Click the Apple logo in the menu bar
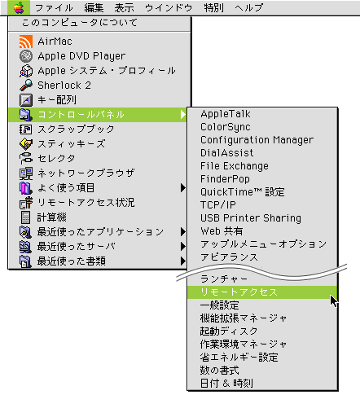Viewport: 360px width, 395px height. click(x=19, y=7)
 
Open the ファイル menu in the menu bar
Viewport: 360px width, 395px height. click(x=54, y=7)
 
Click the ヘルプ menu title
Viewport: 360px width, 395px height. click(x=248, y=7)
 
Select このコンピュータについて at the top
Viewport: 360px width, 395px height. click(x=80, y=23)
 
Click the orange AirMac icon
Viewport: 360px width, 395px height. click(x=26, y=42)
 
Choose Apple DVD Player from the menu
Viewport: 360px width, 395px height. click(x=81, y=56)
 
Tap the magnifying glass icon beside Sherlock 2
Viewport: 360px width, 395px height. click(x=26, y=86)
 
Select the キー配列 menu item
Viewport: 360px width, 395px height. click(x=57, y=100)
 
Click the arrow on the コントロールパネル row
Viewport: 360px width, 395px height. click(x=183, y=115)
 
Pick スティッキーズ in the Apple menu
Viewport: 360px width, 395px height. click(x=72, y=143)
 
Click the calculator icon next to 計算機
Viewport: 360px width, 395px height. click(x=26, y=217)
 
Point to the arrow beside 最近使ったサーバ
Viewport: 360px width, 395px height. click(x=183, y=247)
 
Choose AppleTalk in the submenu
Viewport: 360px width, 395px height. click(x=226, y=114)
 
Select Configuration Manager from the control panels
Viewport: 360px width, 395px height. click(x=257, y=140)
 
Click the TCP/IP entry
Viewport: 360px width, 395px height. click(x=218, y=205)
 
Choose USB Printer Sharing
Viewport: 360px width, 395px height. click(x=251, y=218)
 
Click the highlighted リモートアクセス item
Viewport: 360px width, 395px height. click(x=239, y=292)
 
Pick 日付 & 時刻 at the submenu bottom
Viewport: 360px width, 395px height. click(x=226, y=384)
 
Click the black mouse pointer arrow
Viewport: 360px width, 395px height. click(x=334, y=301)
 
